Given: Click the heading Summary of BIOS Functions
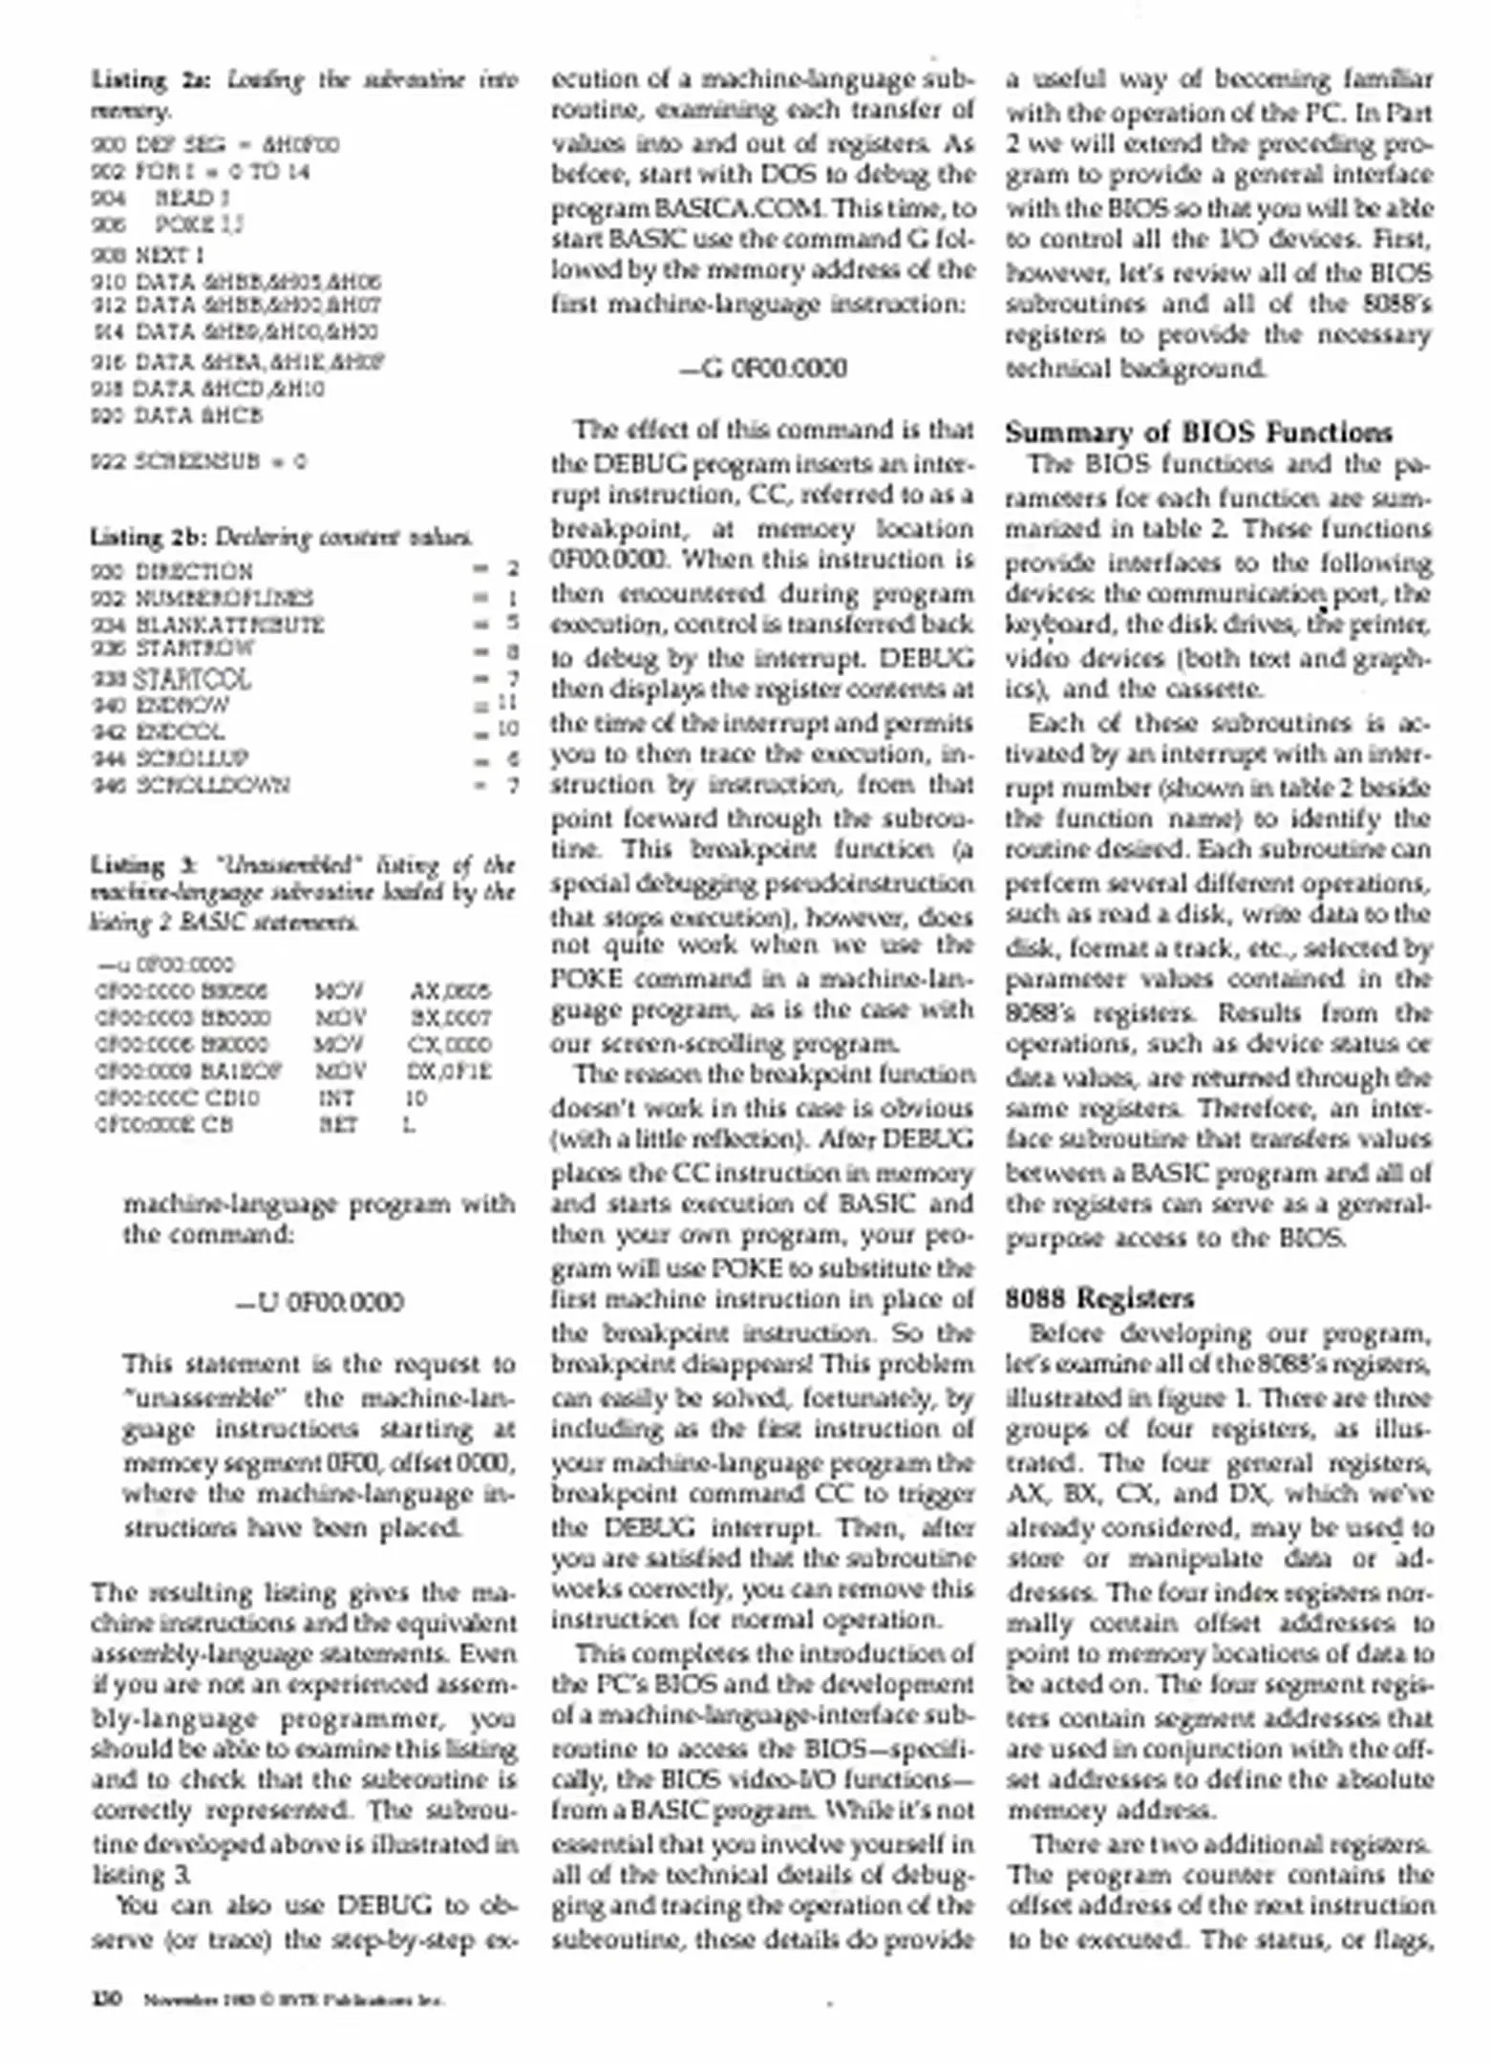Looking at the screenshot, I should point(1198,434).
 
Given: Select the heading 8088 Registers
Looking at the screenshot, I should point(1099,1298).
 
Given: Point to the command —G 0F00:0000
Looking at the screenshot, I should point(763,368).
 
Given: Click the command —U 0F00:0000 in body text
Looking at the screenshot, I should point(319,1302).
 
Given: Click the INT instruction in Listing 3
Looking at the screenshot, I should point(336,1097).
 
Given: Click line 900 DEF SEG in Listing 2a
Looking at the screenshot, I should point(215,145).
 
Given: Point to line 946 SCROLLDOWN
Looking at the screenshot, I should point(191,785).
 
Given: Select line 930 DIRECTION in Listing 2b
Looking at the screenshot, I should point(173,571).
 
